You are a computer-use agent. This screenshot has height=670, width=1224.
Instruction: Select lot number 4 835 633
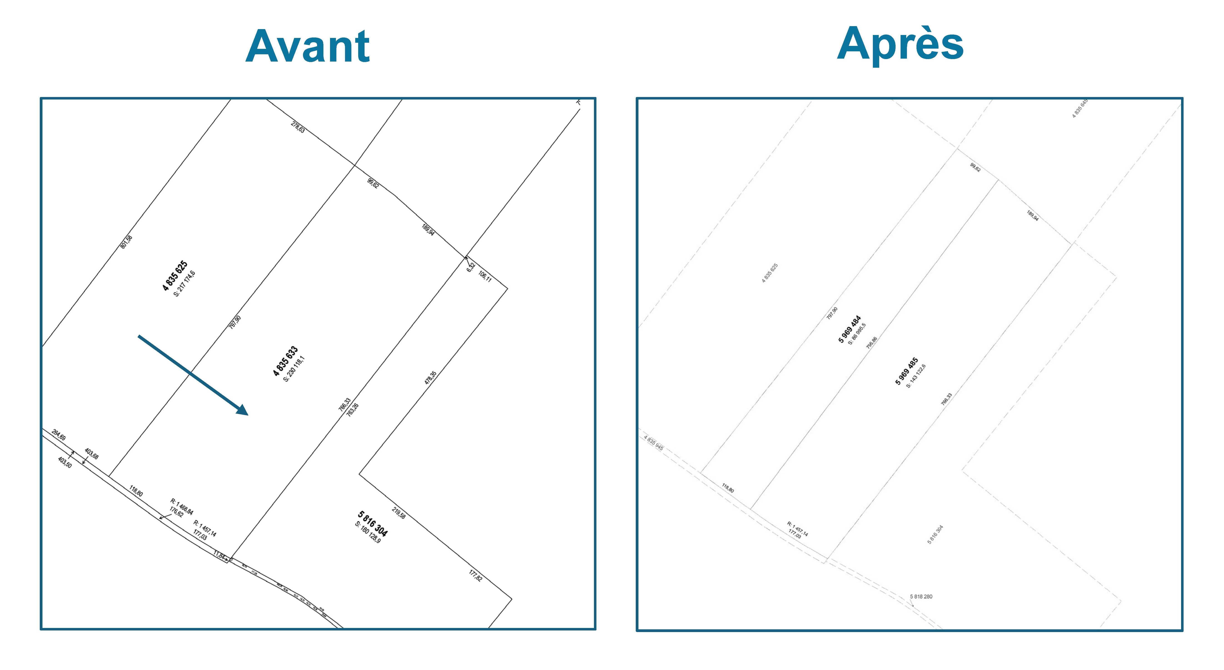pyautogui.click(x=285, y=361)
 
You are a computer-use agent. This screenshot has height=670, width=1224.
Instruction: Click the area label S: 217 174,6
pyautogui.click(x=184, y=284)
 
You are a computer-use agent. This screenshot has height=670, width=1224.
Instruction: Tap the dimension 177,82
pyautogui.click(x=476, y=575)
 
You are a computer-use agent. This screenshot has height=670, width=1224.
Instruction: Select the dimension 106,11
pyautogui.click(x=485, y=276)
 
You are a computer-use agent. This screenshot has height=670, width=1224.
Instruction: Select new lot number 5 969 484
pyautogui.click(x=850, y=329)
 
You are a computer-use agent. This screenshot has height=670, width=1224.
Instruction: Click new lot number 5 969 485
pyautogui.click(x=907, y=371)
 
